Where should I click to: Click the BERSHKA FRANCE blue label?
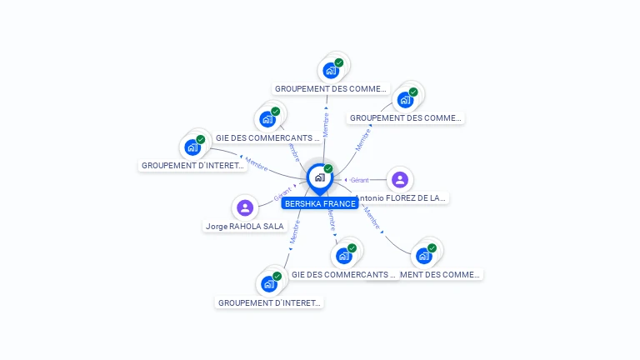320,203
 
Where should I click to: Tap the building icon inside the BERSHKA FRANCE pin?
319,177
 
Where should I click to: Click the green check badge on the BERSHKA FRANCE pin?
328,169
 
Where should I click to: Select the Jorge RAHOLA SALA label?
244,226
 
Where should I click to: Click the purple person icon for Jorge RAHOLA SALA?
244,207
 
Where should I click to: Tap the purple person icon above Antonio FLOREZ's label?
400,179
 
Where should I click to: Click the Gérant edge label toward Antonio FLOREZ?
359,180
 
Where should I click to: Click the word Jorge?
216,226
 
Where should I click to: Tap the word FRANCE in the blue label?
340,203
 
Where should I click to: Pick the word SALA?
274,226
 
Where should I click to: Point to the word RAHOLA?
244,226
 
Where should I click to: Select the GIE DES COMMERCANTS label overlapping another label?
343,274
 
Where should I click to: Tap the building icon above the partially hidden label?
424,255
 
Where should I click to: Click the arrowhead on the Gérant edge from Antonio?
346,179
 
